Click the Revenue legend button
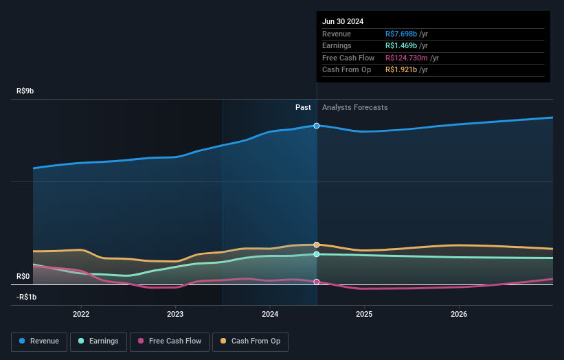click(39, 341)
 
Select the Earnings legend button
click(98, 341)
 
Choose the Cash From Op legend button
click(250, 341)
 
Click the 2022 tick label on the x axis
click(81, 314)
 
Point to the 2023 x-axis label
click(175, 314)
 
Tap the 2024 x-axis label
click(270, 314)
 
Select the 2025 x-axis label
click(364, 314)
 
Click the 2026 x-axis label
click(459, 314)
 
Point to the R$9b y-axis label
click(26, 91)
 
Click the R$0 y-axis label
click(24, 276)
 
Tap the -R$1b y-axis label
click(27, 297)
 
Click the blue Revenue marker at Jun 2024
click(317, 126)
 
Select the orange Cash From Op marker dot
click(317, 245)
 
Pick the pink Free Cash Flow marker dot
click(317, 282)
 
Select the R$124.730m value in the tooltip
click(407, 58)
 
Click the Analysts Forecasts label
click(354, 107)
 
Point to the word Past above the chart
click(303, 107)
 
